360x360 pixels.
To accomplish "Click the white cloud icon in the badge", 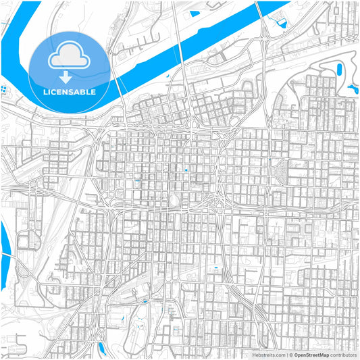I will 70,58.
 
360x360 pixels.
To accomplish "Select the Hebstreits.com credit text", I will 269,355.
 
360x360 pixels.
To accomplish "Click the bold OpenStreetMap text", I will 311,355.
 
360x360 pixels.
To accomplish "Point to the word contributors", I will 344,355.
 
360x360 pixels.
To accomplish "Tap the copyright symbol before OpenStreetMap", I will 291,355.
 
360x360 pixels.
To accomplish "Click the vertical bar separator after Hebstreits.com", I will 287,355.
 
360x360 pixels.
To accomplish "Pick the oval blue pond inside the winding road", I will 338,69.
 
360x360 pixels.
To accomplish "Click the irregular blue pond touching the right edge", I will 353,88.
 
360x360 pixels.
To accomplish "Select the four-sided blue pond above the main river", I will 195,13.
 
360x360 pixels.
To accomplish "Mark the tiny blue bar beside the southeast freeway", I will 216,269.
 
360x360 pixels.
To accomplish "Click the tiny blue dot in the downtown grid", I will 186,170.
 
